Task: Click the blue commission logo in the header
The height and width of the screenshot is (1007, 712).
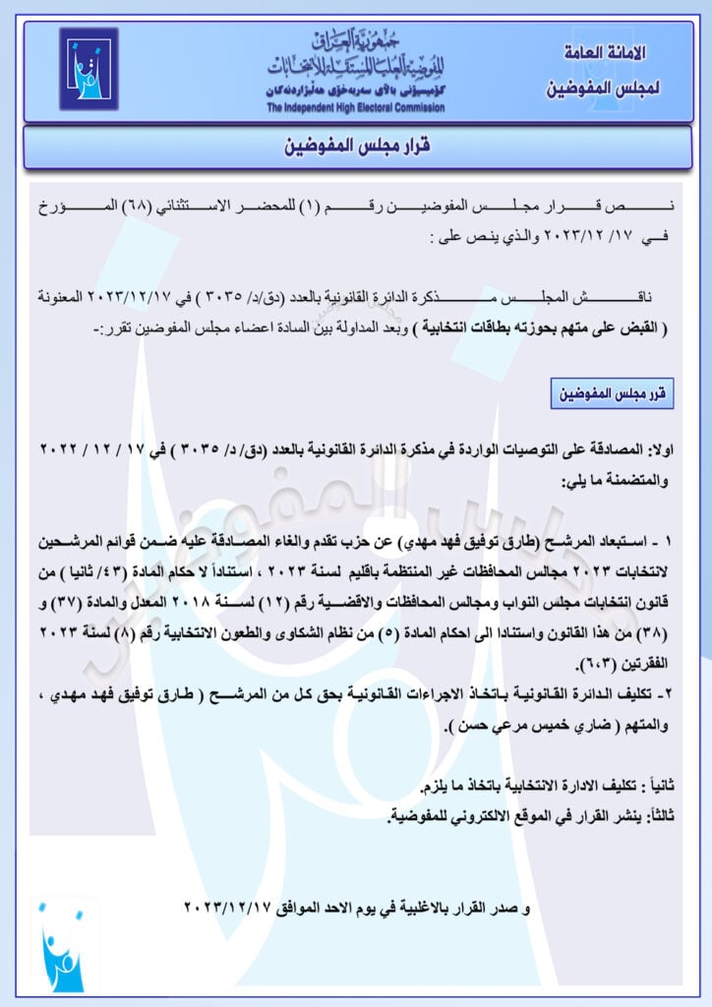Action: pos(89,69)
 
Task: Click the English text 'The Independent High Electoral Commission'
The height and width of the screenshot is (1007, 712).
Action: pos(355,107)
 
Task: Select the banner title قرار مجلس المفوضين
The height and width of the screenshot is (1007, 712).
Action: pos(356,147)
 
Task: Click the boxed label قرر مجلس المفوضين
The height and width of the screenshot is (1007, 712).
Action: pos(612,394)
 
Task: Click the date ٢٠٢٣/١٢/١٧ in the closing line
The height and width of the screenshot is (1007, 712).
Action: pos(227,905)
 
